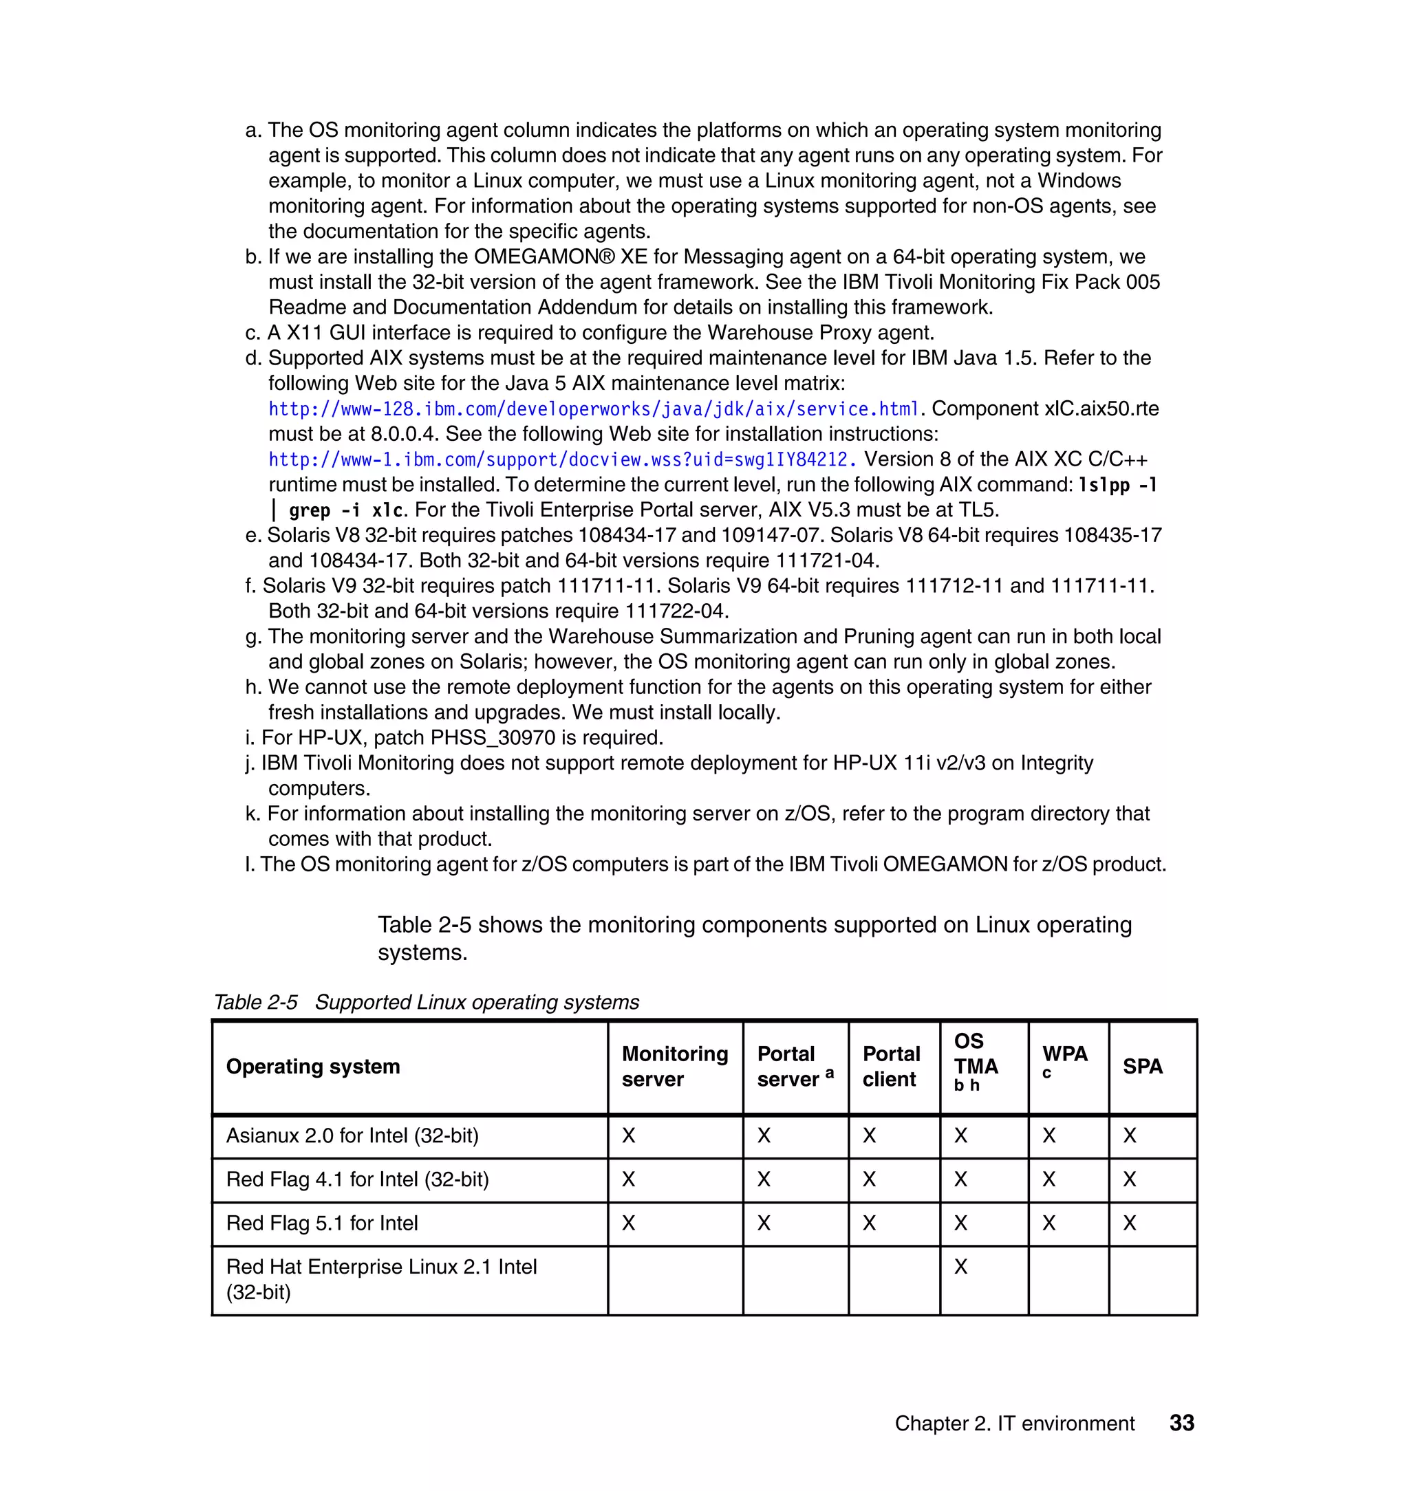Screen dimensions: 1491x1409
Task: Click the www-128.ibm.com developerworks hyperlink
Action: point(593,409)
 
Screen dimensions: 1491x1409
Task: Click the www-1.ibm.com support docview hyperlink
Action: point(562,459)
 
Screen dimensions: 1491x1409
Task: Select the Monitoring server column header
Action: point(674,1066)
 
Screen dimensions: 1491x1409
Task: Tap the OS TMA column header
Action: point(976,1062)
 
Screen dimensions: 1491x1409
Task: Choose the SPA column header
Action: point(1142,1066)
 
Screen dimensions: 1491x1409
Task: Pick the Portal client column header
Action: point(891,1066)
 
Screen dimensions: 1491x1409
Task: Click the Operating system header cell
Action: point(313,1066)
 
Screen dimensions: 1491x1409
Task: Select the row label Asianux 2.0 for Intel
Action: point(352,1135)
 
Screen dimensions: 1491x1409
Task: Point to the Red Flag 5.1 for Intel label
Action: point(321,1223)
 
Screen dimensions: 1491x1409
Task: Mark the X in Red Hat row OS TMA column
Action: point(960,1267)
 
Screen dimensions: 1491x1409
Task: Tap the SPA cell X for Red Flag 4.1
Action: point(1130,1179)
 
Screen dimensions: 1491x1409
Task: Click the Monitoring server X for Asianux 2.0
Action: point(629,1135)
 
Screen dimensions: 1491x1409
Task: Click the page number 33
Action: point(1182,1423)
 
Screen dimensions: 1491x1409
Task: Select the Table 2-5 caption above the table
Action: point(426,1002)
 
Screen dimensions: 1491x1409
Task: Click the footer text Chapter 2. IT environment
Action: point(1014,1424)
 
